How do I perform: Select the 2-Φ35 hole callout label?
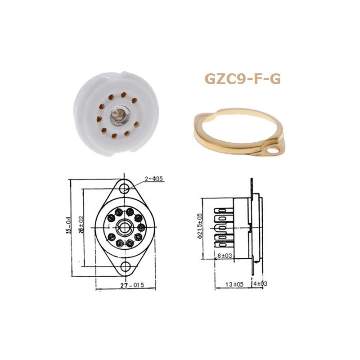[x=154, y=179]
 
